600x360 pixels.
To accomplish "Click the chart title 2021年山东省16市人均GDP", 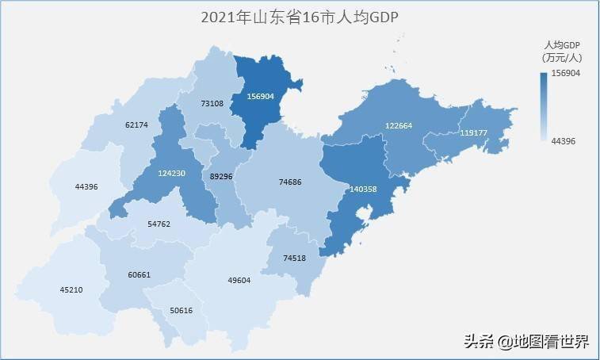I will tap(299, 17).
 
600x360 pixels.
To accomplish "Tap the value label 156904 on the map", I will tap(260, 96).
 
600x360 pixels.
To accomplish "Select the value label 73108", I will tap(212, 103).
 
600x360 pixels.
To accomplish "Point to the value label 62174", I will tap(136, 125).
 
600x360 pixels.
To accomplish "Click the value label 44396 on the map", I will tap(86, 187).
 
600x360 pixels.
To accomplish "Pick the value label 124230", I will tap(171, 174).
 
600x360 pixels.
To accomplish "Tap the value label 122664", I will tap(399, 125).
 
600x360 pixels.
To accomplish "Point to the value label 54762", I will tap(159, 224).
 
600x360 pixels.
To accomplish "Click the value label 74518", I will tap(294, 259).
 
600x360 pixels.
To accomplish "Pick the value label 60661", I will tap(139, 275).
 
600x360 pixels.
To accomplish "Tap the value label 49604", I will tap(239, 280).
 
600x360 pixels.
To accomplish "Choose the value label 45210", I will tap(71, 289).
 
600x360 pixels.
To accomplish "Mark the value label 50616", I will tap(181, 311).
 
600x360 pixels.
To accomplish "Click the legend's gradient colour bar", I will tap(543, 106).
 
